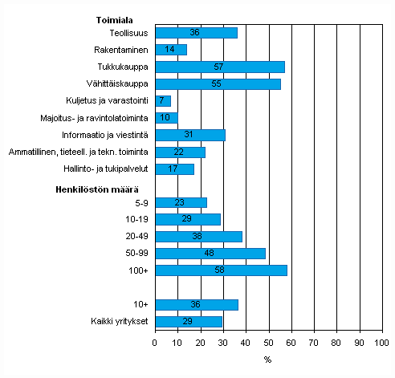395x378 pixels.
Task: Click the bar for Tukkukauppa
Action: click(x=219, y=67)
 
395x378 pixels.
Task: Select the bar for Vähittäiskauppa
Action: click(x=218, y=83)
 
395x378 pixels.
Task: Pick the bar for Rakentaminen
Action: click(x=170, y=50)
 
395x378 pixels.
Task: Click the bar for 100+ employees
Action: click(x=221, y=270)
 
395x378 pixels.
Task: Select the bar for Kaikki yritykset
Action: click(x=188, y=322)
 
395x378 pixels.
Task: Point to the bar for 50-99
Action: click(x=210, y=254)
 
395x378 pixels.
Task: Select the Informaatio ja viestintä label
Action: click(x=106, y=135)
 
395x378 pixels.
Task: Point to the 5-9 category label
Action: click(x=140, y=203)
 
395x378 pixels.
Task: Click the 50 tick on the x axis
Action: click(x=269, y=343)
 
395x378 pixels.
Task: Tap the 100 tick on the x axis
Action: click(x=382, y=343)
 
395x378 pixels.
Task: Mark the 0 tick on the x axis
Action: click(x=155, y=343)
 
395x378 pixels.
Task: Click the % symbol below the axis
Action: click(x=267, y=359)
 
